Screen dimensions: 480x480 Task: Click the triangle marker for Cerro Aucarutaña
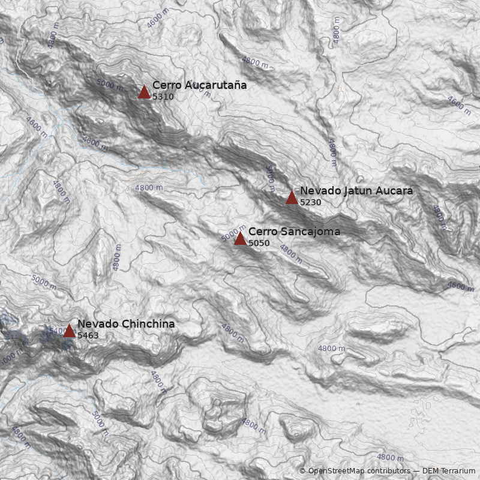point(144,92)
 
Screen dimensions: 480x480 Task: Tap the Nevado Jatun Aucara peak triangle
point(292,197)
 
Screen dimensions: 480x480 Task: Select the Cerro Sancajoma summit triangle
point(240,239)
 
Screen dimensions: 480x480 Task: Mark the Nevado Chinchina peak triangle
point(69,331)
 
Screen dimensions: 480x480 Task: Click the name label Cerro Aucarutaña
point(199,85)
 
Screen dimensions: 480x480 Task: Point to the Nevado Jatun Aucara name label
point(356,191)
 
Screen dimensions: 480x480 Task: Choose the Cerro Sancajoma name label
point(294,232)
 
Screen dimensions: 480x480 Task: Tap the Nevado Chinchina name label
point(126,324)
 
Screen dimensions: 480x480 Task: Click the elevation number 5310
point(163,97)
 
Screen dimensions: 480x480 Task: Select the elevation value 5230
point(311,203)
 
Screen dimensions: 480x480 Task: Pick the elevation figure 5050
point(259,244)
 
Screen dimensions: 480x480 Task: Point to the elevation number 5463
point(88,336)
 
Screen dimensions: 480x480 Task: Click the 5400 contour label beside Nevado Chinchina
point(56,331)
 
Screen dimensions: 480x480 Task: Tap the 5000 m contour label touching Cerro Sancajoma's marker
point(233,233)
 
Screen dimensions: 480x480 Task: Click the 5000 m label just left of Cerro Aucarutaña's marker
point(109,85)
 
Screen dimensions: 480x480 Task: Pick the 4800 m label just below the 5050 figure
point(291,254)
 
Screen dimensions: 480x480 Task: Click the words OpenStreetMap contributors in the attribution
point(359,471)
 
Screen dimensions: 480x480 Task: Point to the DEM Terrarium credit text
point(449,471)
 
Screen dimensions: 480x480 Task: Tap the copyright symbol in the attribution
point(302,471)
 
